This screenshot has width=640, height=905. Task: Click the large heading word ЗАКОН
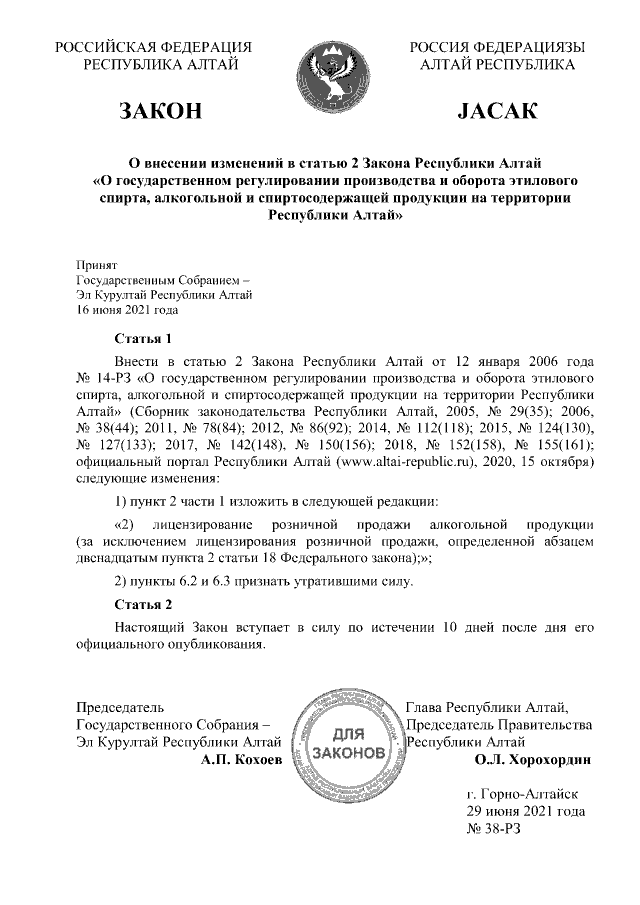pos(160,110)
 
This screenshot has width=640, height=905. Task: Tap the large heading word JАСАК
pos(497,110)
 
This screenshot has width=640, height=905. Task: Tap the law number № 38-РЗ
pos(494,830)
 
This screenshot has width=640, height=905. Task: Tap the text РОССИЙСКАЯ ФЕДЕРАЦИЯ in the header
pos(153,46)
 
